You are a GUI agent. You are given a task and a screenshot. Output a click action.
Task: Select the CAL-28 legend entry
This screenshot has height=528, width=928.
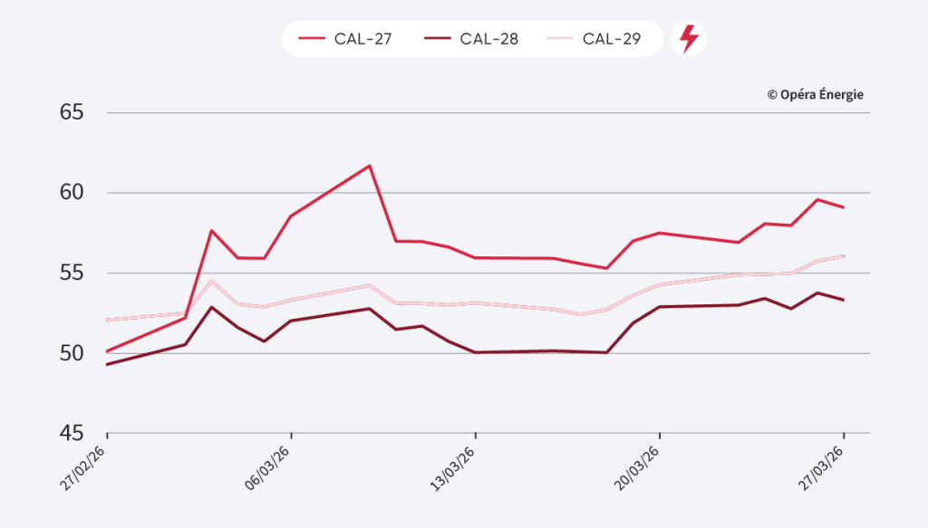click(470, 39)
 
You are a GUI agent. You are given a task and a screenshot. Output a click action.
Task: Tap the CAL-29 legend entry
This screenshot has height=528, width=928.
click(594, 39)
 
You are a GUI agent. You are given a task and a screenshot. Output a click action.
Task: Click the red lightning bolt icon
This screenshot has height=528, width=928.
click(689, 39)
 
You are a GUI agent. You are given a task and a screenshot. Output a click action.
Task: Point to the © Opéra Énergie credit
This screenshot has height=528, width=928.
click(815, 94)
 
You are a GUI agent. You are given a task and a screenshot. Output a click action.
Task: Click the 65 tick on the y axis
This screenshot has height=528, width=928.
click(72, 112)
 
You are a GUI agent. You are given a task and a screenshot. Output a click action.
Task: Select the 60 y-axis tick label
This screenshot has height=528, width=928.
click(72, 193)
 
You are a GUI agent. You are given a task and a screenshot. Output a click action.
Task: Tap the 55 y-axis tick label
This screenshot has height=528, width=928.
click(72, 273)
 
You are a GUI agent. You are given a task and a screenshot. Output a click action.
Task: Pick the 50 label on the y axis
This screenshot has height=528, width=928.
click(72, 353)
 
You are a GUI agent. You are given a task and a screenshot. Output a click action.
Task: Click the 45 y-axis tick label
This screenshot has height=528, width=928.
click(72, 433)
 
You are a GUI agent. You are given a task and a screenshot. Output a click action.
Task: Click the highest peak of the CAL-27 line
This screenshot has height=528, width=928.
click(370, 166)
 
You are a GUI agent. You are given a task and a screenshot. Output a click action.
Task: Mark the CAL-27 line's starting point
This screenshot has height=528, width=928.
click(107, 351)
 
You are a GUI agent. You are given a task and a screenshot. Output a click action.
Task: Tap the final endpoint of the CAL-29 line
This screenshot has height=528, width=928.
click(844, 255)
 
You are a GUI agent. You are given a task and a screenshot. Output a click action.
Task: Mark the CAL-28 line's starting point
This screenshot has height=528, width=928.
click(107, 365)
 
